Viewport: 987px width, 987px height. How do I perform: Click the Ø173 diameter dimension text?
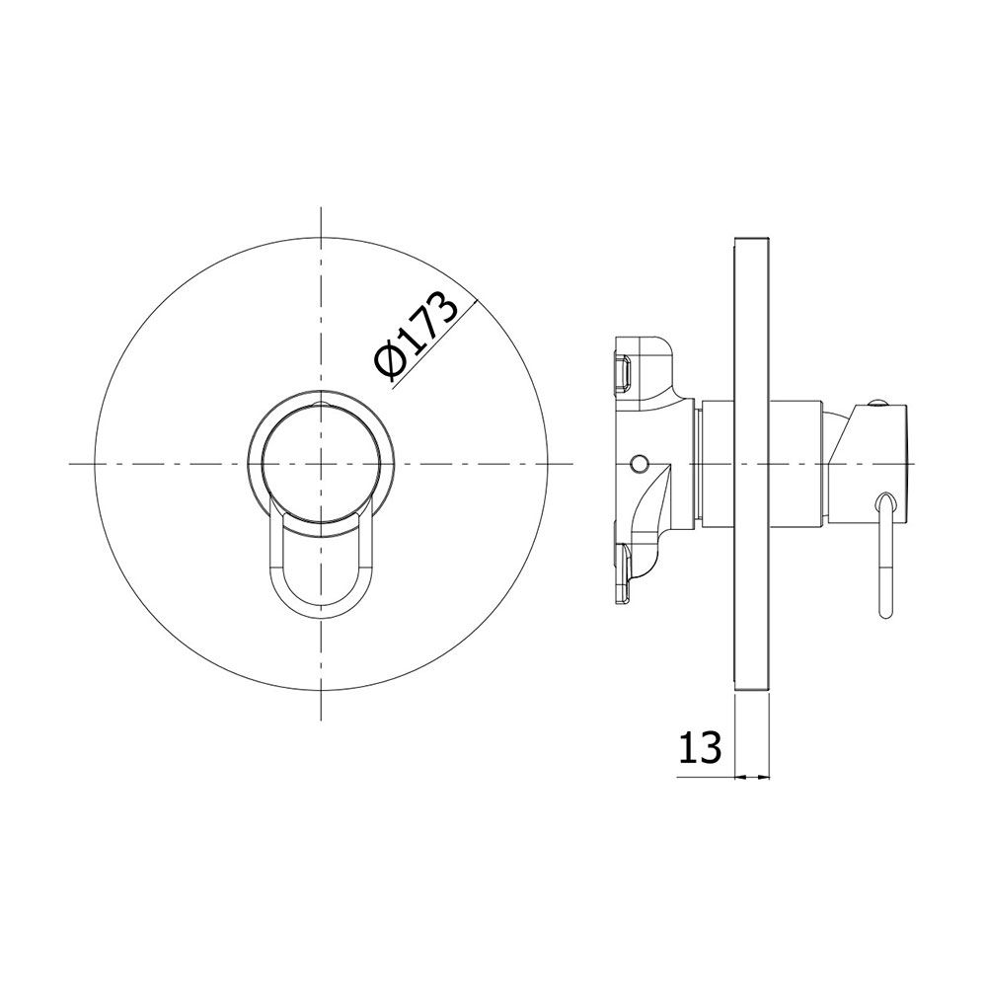click(415, 337)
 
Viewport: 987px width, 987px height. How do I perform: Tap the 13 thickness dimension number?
click(700, 748)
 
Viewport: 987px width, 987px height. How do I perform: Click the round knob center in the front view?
click(321, 465)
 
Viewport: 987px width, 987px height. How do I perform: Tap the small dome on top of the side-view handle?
click(878, 403)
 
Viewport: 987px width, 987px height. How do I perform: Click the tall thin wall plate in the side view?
click(752, 465)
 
